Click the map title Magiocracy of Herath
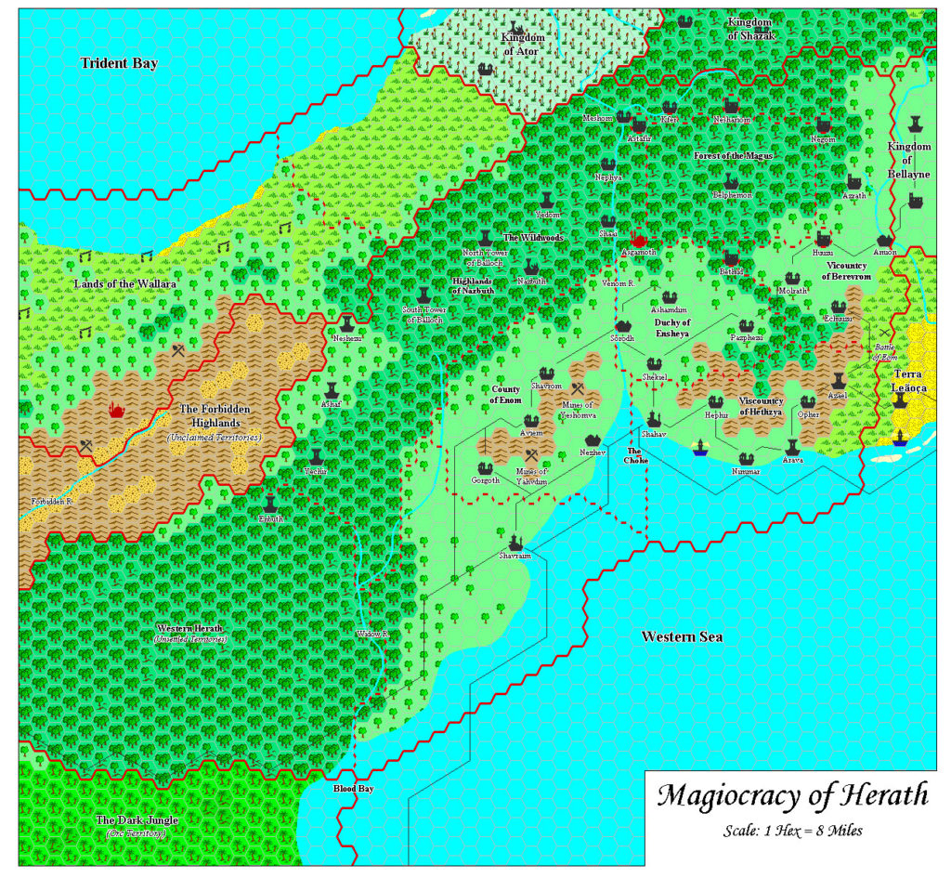(x=792, y=796)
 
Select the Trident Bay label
(x=119, y=63)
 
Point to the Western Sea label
(x=682, y=636)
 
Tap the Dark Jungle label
(x=137, y=820)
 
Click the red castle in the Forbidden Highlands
(x=117, y=409)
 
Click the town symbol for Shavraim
(x=515, y=541)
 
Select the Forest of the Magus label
(x=733, y=155)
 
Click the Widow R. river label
(x=371, y=635)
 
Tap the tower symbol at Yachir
(x=316, y=457)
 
